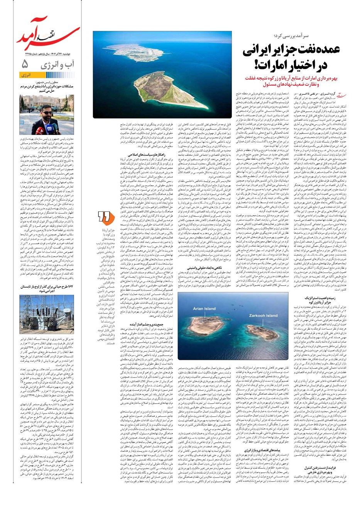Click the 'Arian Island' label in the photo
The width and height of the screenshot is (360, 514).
(204, 308)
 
